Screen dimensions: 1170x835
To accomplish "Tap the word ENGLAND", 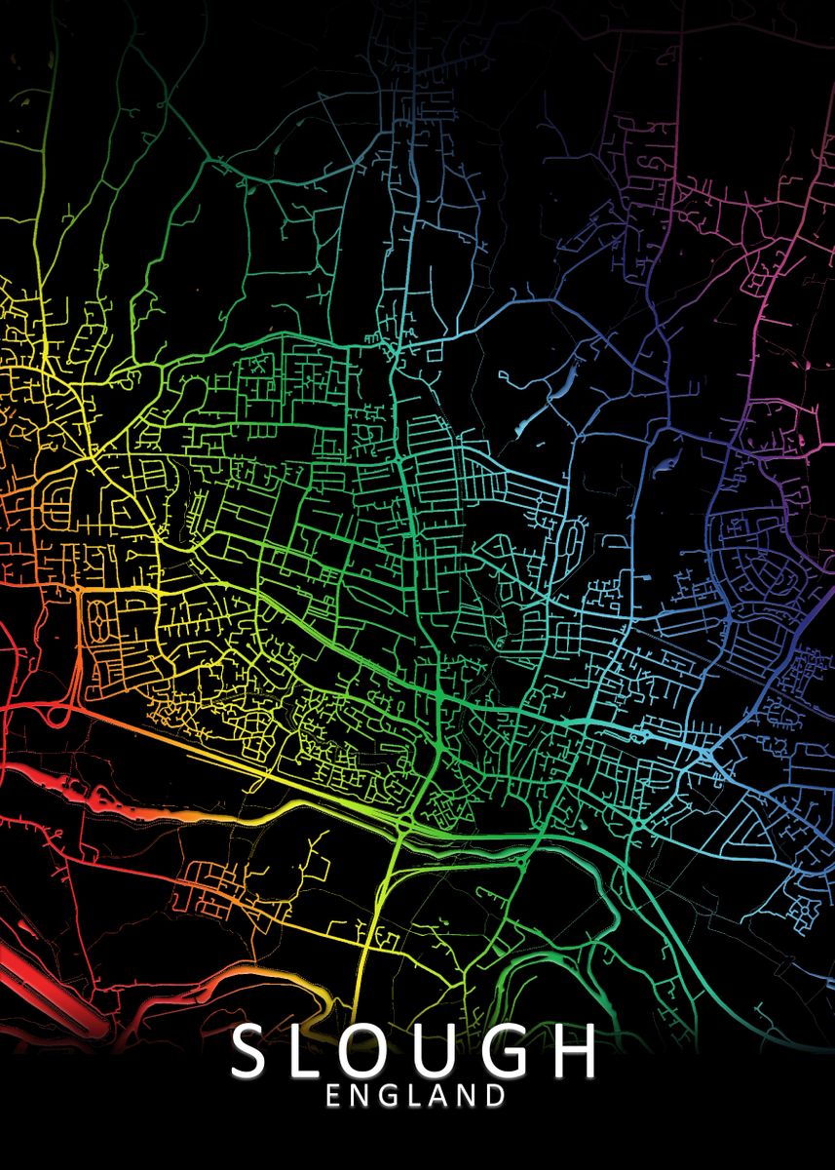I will coord(416,1096).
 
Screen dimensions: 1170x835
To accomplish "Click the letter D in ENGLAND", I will coord(496,1096).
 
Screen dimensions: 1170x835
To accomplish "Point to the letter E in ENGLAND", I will coord(334,1096).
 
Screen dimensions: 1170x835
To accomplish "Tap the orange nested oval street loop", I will coord(101,616).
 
